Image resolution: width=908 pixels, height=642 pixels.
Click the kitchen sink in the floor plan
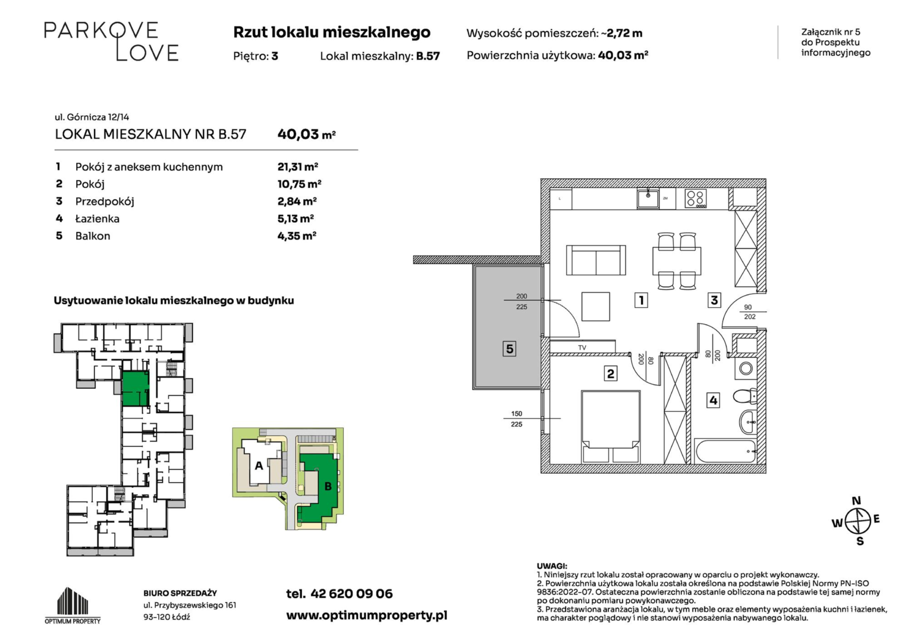click(x=648, y=198)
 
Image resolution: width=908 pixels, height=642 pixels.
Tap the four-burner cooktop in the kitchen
click(x=696, y=199)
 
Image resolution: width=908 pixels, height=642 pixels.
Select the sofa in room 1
click(x=596, y=260)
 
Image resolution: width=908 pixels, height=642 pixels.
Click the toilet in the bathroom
click(x=745, y=396)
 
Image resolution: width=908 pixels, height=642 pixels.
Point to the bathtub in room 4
click(x=725, y=451)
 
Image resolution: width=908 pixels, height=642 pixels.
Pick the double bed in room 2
click(x=611, y=426)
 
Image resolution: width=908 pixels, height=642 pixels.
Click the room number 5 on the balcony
click(x=510, y=348)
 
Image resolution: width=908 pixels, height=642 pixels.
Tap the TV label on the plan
click(x=582, y=348)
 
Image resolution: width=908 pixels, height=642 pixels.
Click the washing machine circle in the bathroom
click(x=746, y=369)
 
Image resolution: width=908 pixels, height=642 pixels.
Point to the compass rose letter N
click(x=856, y=501)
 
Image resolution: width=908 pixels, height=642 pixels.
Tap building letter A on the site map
click(x=259, y=465)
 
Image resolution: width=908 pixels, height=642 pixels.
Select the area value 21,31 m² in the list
click(x=297, y=166)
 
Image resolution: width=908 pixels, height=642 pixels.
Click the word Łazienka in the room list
click(x=98, y=219)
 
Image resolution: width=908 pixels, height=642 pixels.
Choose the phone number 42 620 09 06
click(x=351, y=594)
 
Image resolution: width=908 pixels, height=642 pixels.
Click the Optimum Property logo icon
click(x=73, y=600)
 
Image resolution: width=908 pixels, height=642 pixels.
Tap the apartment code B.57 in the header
click(x=428, y=56)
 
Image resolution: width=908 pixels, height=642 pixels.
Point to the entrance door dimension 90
click(x=748, y=307)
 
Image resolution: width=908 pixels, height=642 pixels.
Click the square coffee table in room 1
click(x=596, y=306)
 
